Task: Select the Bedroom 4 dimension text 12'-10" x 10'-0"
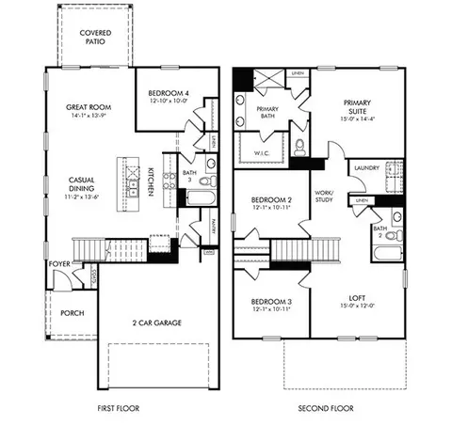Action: (169, 101)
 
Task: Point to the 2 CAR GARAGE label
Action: (157, 323)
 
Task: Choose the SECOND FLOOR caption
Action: (325, 409)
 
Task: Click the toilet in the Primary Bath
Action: (300, 147)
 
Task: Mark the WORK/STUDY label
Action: (325, 196)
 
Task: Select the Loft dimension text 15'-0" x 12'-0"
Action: (358, 305)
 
